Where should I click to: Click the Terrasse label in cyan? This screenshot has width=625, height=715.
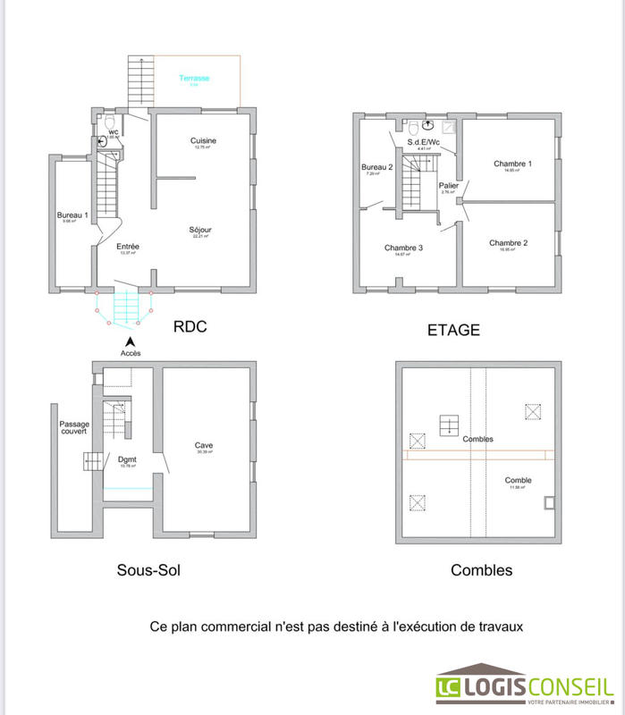[194, 79]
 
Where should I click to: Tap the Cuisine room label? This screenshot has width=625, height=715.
[203, 141]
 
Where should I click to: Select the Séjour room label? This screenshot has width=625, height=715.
[200, 231]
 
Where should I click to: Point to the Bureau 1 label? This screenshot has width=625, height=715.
[72, 215]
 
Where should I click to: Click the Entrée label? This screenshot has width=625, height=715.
[127, 247]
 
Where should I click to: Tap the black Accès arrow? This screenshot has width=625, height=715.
[131, 341]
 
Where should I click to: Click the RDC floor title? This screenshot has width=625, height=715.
[190, 327]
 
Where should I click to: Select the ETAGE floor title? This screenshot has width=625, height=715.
[454, 330]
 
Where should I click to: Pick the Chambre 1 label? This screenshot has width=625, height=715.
[512, 164]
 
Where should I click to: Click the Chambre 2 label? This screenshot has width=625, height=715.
[508, 243]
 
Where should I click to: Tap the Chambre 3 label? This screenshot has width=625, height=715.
[403, 248]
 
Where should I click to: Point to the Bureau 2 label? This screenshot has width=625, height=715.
[377, 167]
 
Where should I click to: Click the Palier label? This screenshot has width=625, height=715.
[449, 186]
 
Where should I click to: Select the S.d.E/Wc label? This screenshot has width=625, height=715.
[424, 143]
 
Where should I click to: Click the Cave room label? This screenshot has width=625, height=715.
[204, 445]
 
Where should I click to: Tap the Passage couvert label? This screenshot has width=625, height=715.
[74, 428]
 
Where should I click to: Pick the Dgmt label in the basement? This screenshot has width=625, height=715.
[126, 460]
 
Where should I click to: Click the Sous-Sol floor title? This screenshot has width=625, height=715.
[148, 569]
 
